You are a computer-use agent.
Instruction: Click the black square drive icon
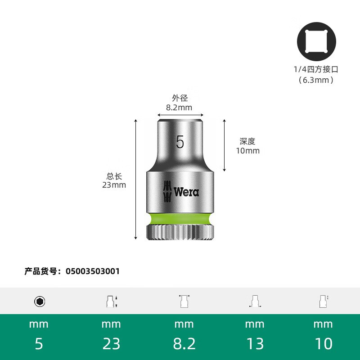(x=316, y=42)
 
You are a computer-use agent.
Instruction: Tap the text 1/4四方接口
(x=316, y=69)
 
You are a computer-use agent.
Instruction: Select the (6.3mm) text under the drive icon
(x=316, y=80)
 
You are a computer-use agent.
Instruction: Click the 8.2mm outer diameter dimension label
(x=179, y=108)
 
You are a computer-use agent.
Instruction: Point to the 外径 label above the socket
(x=180, y=98)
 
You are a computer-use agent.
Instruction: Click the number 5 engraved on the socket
(x=180, y=142)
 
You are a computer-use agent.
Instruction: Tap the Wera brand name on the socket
(x=186, y=192)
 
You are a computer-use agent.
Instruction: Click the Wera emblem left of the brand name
(x=166, y=192)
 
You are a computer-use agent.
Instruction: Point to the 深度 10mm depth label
(x=247, y=146)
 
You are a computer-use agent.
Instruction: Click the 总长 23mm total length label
(x=114, y=180)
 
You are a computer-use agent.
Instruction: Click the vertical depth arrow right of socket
(x=225, y=145)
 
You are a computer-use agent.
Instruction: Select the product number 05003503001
(x=93, y=271)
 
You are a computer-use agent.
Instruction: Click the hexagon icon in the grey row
(x=40, y=301)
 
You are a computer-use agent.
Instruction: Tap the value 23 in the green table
(x=111, y=344)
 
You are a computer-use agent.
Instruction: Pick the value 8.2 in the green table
(x=184, y=344)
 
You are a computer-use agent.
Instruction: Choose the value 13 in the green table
(x=255, y=344)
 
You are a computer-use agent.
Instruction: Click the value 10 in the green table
(x=323, y=344)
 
